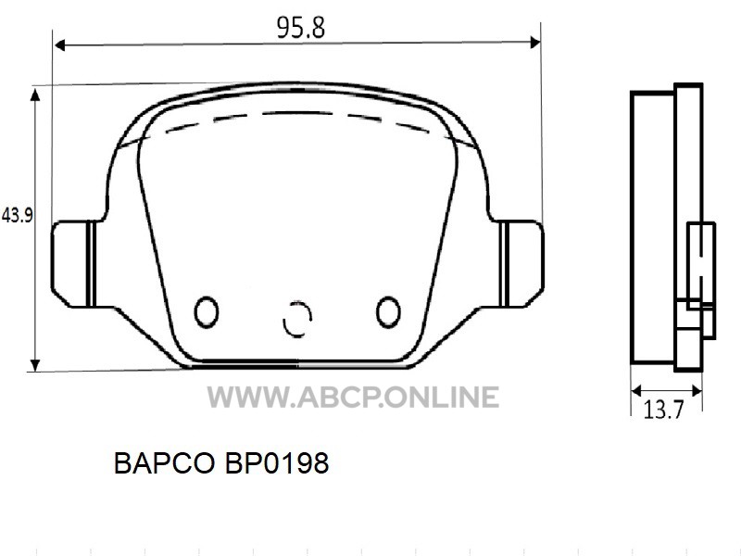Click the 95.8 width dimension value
tap(301, 28)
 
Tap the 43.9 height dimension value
tap(18, 216)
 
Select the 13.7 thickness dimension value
tap(663, 410)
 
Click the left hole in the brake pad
tap(207, 312)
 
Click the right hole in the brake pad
tap(388, 312)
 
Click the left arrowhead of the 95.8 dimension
tap(59, 44)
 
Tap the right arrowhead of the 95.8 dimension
tap(535, 43)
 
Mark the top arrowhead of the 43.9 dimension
tap(35, 95)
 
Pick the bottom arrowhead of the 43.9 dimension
tap(35, 365)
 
